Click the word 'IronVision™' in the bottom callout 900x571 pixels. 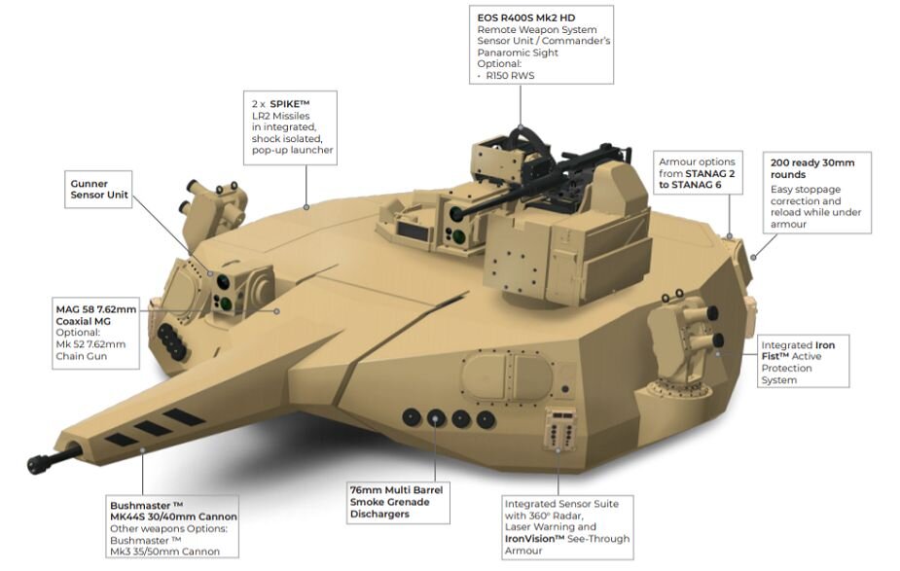click(536, 539)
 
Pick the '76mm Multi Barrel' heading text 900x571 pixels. click(395, 489)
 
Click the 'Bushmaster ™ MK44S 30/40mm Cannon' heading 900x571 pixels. click(172, 511)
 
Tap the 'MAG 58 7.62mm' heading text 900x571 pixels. click(95, 309)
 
